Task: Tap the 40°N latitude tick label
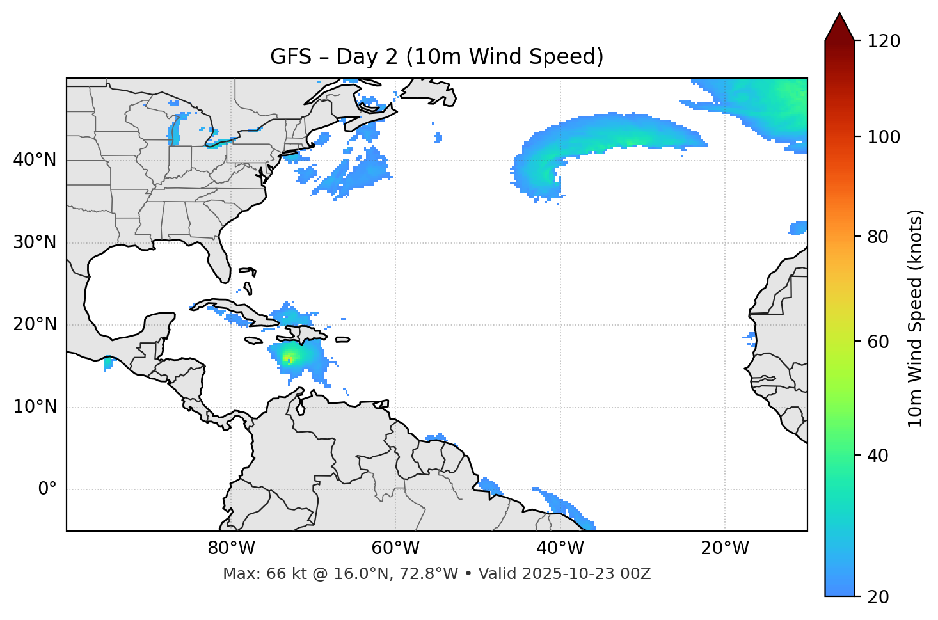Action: point(35,159)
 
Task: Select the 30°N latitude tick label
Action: point(35,242)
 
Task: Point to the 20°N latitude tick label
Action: point(35,324)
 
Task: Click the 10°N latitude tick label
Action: point(35,407)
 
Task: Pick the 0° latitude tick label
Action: point(47,489)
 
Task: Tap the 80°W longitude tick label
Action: point(231,548)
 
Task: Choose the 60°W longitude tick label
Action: point(395,548)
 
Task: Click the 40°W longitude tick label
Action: point(560,548)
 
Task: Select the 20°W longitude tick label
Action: point(725,548)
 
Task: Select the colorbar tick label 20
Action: point(878,597)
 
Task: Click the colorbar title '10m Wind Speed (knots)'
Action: point(916,318)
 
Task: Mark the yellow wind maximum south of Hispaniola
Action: point(289,356)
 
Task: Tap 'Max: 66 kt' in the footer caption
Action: point(255,574)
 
